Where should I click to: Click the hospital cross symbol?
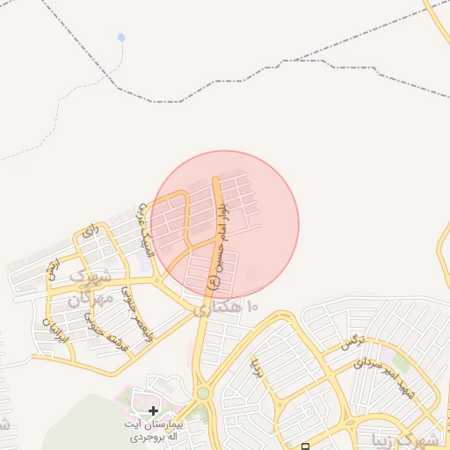(154, 410)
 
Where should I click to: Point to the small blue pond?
(120, 38)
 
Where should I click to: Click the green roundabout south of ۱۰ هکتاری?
(203, 394)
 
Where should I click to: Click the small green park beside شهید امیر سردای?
(401, 361)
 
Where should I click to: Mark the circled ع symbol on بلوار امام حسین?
(212, 283)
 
